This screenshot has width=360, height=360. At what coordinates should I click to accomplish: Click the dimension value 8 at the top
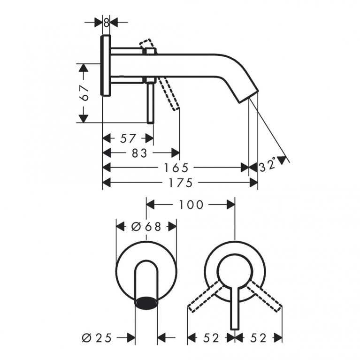[x=106, y=23]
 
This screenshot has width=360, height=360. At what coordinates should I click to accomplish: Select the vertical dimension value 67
[x=84, y=93]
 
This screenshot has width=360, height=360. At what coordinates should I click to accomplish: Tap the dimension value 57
[x=128, y=138]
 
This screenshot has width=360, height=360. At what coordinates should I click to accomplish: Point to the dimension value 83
[x=139, y=153]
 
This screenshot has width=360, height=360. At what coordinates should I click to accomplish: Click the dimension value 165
[x=176, y=168]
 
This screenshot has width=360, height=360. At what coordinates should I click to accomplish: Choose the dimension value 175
[x=181, y=183]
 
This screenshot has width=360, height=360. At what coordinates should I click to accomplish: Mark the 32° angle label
[x=268, y=165]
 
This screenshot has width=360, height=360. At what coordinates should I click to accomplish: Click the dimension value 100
[x=191, y=205]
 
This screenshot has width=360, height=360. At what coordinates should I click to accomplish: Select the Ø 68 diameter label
[x=146, y=227]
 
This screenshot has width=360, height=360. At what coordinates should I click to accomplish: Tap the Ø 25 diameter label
[x=97, y=338]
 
